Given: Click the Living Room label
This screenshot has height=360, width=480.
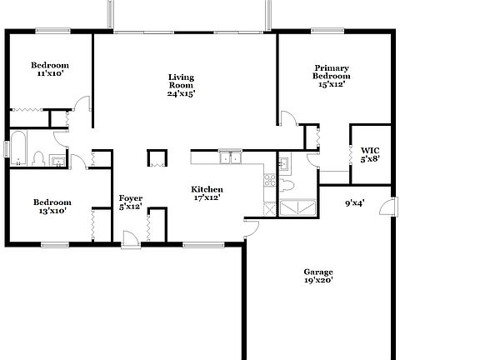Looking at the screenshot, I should [x=181, y=85].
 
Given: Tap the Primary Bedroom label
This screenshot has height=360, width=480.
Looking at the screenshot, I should [x=331, y=75].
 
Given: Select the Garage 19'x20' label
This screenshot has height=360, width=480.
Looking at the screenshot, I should [x=318, y=276].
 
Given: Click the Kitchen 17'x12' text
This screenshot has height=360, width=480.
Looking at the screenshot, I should [x=207, y=194].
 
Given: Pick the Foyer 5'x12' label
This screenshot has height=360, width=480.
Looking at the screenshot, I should [x=131, y=202].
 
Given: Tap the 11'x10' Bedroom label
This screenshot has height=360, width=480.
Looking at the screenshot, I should [x=49, y=69].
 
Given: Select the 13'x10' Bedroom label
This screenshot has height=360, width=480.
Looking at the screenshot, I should [x=52, y=206].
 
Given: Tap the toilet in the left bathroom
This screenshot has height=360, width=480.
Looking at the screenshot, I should [x=38, y=157].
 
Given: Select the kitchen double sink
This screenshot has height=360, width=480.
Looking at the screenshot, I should [x=229, y=157].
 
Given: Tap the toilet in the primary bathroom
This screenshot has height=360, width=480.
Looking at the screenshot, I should [x=287, y=182].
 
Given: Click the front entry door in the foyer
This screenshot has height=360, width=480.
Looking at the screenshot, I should [x=130, y=240].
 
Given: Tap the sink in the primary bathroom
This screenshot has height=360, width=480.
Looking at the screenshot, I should [x=283, y=162].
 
